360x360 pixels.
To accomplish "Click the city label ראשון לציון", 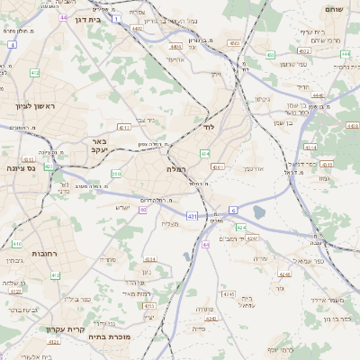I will pos(36,106).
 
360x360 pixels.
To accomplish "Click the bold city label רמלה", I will pos(176,168).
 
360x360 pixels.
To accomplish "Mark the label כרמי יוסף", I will pos(280,348).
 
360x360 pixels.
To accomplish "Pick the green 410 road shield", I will pos(17,243).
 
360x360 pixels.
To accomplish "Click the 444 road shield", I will pos(346,54).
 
